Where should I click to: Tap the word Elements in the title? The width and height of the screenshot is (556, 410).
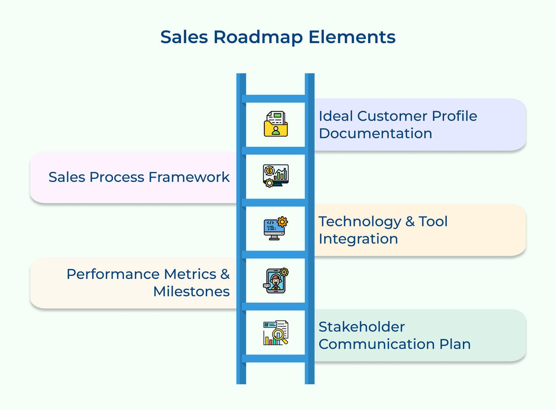(352, 37)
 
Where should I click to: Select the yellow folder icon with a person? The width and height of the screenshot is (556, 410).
(276, 124)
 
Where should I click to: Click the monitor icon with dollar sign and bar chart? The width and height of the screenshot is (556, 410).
(276, 176)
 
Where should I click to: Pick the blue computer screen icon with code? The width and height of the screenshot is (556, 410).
(275, 228)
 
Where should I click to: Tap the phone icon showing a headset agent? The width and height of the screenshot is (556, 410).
(276, 281)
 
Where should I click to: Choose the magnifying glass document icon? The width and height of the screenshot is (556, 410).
(276, 333)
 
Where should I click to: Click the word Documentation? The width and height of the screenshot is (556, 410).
(375, 134)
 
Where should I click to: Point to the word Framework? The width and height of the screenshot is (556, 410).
(189, 177)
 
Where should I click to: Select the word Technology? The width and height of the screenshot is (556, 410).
(360, 222)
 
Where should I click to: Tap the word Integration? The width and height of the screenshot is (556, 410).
(358, 239)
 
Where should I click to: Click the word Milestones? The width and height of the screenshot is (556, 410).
(191, 291)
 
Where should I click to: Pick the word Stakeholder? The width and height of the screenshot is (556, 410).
(361, 327)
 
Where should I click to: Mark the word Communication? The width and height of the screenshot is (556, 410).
(377, 344)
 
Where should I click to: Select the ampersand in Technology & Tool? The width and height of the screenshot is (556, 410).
(410, 222)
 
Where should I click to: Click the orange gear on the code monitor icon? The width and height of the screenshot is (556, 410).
(282, 222)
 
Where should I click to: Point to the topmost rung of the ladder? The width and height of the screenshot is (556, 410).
(275, 98)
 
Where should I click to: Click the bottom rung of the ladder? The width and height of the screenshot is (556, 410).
(275, 359)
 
